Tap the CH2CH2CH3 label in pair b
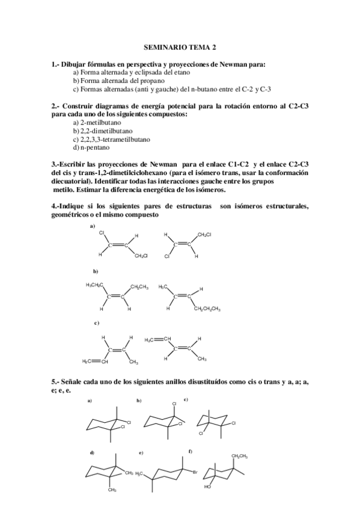click(x=207, y=310)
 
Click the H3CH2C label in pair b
click(x=96, y=285)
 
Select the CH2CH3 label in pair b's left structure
click(x=140, y=286)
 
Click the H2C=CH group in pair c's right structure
click(x=158, y=340)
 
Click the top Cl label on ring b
click(x=174, y=404)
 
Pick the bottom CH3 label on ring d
click(x=112, y=490)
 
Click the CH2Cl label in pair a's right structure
click(x=204, y=233)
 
